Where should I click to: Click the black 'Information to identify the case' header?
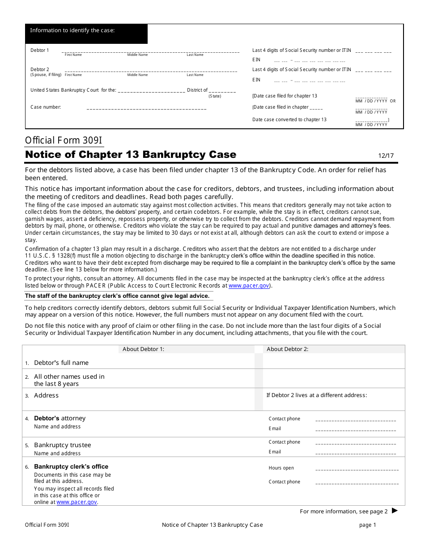[86, 34]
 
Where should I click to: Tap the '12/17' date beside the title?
[386, 156]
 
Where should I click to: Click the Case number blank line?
[146, 109]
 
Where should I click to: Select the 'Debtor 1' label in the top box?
[40, 50]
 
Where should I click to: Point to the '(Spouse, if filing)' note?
[46, 75]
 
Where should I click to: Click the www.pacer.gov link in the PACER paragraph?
[249, 286]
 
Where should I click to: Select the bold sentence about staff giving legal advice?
[117, 296]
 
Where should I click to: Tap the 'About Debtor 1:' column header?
[143, 349]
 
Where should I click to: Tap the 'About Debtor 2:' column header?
[287, 349]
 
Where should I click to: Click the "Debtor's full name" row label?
[61, 363]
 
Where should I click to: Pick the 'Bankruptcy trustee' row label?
[63, 445]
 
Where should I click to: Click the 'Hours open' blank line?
[357, 470]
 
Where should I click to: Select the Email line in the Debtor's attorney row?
[356, 430]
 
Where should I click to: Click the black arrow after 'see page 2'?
[395, 510]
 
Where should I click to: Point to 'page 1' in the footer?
[368, 525]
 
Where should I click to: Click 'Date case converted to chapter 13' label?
[289, 119]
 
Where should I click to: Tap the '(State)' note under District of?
[215, 96]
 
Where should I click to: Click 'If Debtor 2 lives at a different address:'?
[316, 395]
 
